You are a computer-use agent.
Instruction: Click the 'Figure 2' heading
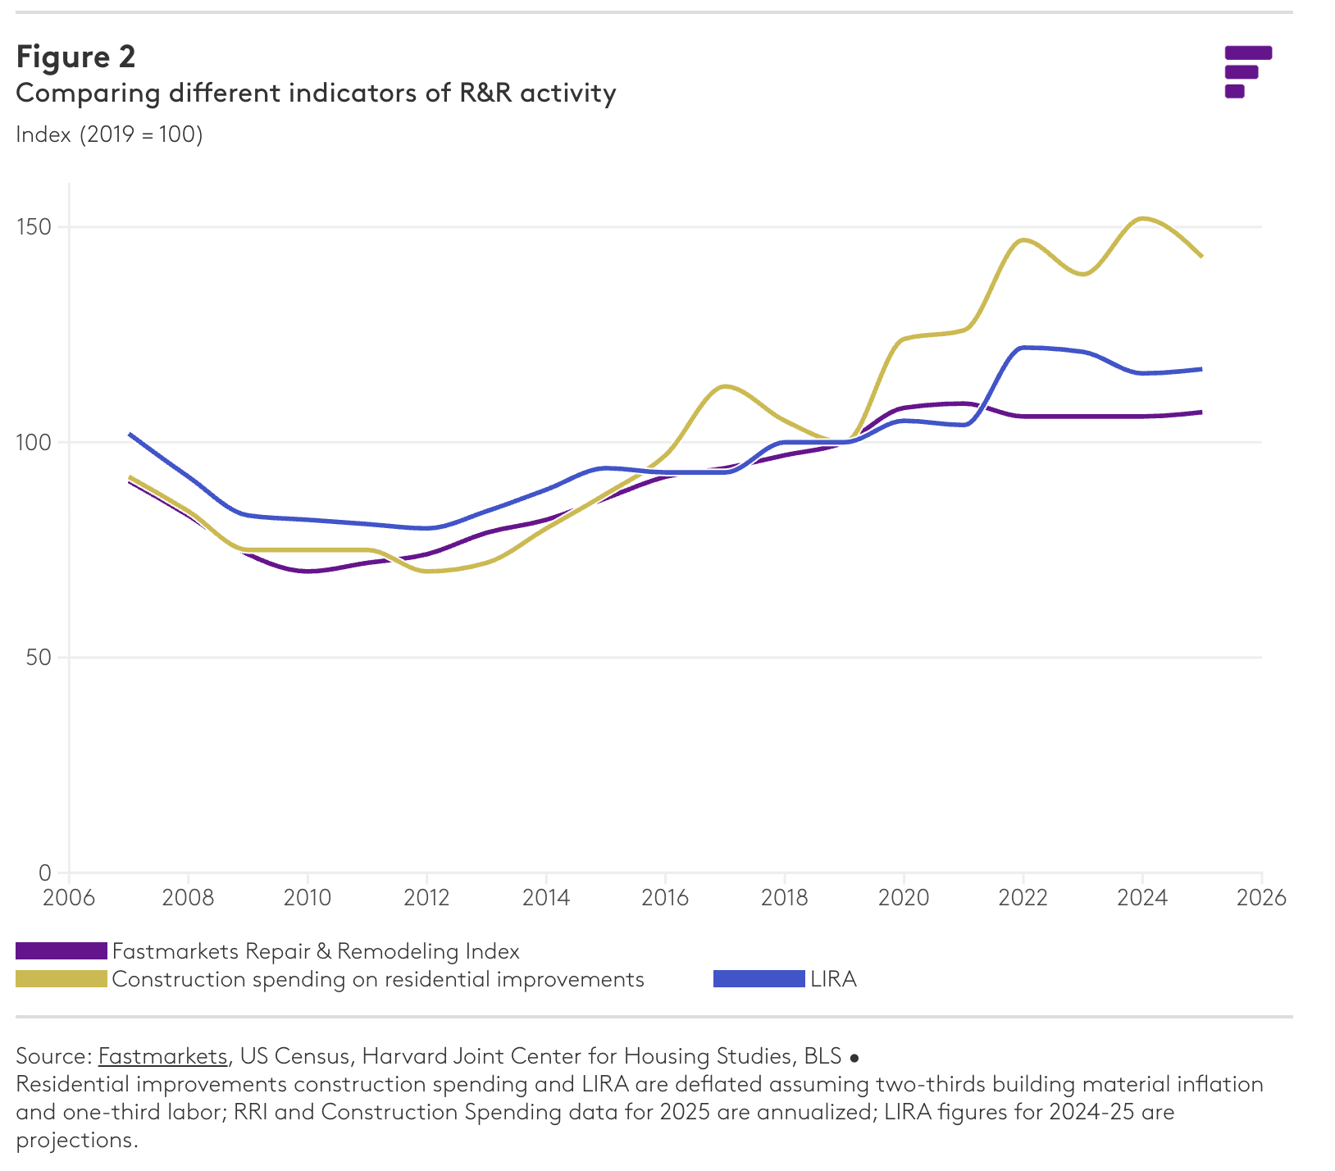click(x=75, y=57)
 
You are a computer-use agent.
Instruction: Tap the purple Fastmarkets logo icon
click(x=1246, y=72)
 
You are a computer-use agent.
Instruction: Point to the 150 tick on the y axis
click(x=34, y=227)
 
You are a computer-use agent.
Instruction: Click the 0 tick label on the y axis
click(x=44, y=873)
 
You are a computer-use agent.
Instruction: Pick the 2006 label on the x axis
click(x=69, y=897)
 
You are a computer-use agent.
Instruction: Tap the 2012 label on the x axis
click(x=426, y=897)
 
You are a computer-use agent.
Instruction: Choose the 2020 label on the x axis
click(x=904, y=897)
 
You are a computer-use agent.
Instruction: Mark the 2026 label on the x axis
click(x=1261, y=897)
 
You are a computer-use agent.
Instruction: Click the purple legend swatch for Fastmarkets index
click(x=62, y=951)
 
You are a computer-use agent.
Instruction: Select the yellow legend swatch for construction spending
click(x=62, y=979)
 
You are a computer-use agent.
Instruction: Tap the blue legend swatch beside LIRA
click(x=759, y=979)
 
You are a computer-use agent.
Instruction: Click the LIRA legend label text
click(x=833, y=979)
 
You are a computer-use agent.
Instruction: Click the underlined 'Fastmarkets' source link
click(x=162, y=1056)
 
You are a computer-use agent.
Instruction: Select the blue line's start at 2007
click(x=130, y=434)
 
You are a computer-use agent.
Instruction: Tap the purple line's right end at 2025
click(x=1201, y=412)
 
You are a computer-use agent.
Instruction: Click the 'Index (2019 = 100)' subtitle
click(x=109, y=134)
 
